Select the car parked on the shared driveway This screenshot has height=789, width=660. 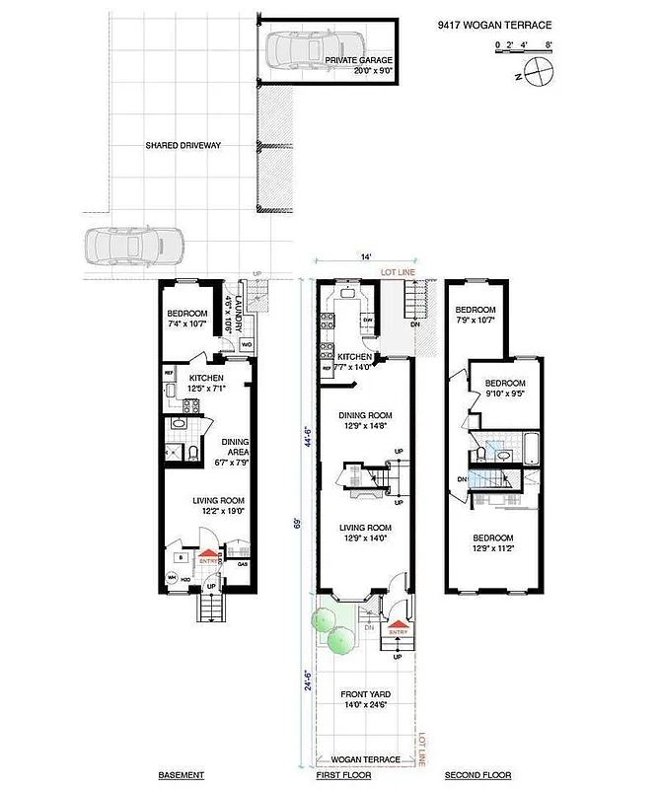(135, 246)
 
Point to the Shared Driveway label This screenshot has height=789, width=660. (183, 146)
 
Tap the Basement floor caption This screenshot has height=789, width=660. (182, 775)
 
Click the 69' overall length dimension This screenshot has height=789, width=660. (297, 523)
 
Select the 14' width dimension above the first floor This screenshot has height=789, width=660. (365, 257)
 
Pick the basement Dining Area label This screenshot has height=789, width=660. (234, 448)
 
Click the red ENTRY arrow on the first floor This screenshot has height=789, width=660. (398, 624)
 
